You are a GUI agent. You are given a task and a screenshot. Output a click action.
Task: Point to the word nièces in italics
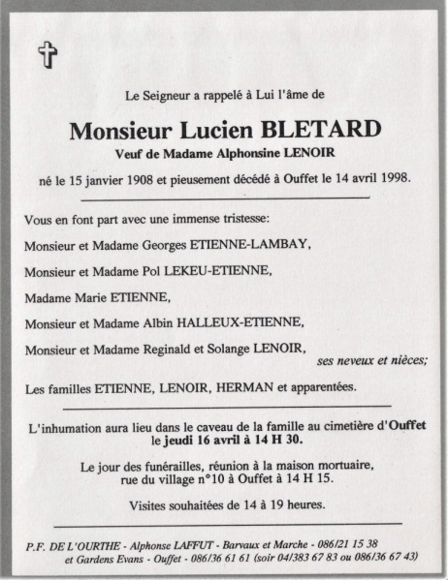coord(405,361)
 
